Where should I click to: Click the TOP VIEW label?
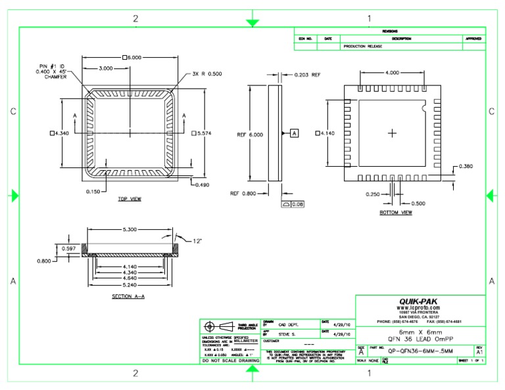pyautogui.click(x=129, y=199)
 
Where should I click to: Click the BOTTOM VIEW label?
pyautogui.click(x=396, y=213)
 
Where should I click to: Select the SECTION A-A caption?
pyautogui.click(x=129, y=297)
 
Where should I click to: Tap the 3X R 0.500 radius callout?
pyautogui.click(x=208, y=74)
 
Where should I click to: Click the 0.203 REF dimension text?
pyautogui.click(x=307, y=75)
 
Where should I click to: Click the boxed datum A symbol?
pyautogui.click(x=294, y=133)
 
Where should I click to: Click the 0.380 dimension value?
pyautogui.click(x=466, y=166)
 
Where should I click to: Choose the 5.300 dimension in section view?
pyautogui.click(x=129, y=230)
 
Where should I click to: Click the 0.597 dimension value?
pyautogui.click(x=68, y=248)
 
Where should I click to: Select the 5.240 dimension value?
pyautogui.click(x=129, y=286)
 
